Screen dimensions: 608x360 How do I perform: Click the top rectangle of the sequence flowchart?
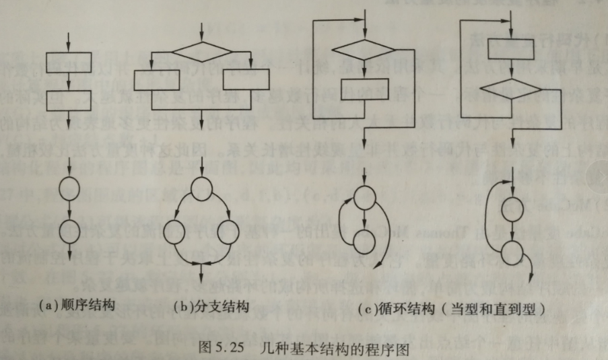click(68, 62)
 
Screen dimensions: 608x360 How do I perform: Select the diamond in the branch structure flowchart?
click(203, 52)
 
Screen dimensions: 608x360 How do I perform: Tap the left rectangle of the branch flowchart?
click(157, 80)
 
